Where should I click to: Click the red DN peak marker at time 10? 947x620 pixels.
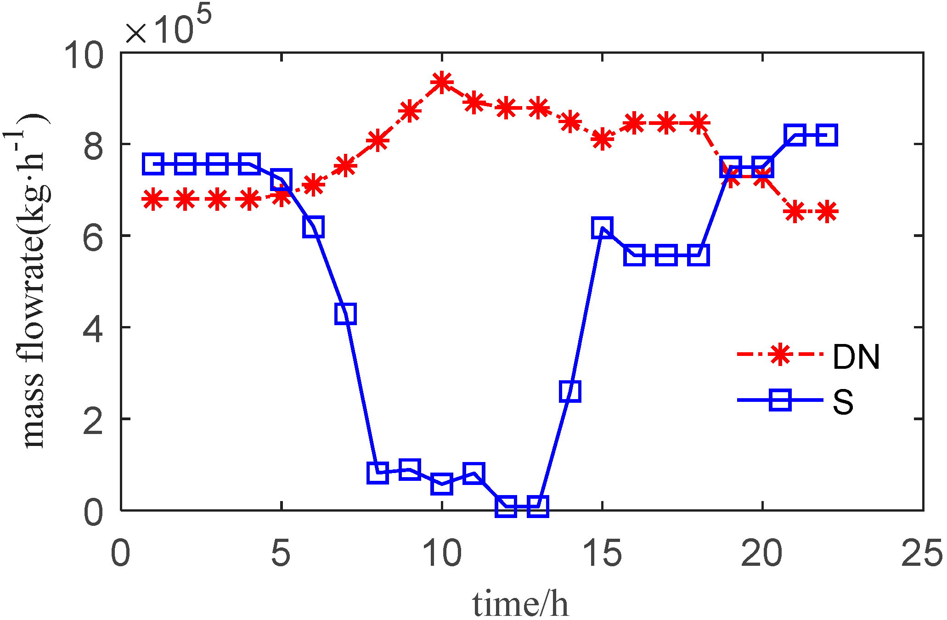pos(442,83)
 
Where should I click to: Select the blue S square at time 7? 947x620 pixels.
pos(345,314)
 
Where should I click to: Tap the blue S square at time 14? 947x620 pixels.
pos(570,391)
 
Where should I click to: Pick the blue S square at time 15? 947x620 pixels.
pos(602,227)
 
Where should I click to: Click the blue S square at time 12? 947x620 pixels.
pos(506,506)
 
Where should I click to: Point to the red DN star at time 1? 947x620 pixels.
pos(153,200)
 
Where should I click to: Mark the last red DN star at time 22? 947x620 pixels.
pos(827,212)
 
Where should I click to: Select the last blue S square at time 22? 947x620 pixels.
pos(827,135)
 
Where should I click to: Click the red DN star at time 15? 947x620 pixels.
pos(602,138)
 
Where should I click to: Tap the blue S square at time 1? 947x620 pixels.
pos(153,164)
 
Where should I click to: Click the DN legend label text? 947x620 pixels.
pos(856,357)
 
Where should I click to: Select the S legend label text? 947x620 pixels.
pos(843,401)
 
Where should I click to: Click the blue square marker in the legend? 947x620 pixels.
pos(780,400)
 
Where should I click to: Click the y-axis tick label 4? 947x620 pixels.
pos(93,328)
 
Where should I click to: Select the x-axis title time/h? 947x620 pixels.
pos(520,603)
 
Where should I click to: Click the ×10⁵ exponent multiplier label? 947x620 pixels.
pos(168,25)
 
